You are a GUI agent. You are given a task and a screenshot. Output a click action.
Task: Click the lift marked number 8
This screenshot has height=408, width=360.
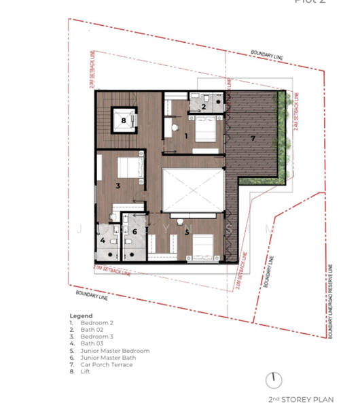pyautogui.click(x=123, y=120)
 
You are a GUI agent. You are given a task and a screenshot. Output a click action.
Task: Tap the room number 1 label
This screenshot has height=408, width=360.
pyautogui.click(x=186, y=136)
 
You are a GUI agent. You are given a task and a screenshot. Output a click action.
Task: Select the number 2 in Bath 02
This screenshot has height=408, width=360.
pyautogui.click(x=203, y=106)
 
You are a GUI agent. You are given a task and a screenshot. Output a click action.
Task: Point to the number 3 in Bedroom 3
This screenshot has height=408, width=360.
pyautogui.click(x=118, y=185)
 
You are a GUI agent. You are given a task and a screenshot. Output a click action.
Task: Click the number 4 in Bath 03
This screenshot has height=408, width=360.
pyautogui.click(x=103, y=240)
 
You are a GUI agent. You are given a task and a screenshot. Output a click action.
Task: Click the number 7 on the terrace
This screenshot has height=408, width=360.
pyautogui.click(x=253, y=138)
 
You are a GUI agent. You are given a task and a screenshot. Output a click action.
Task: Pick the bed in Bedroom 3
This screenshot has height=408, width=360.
pyautogui.click(x=128, y=168)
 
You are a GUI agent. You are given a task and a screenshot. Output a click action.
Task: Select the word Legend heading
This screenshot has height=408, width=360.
pyautogui.click(x=81, y=316)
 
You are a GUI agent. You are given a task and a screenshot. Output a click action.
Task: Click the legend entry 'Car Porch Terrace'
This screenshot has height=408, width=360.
pyautogui.click(x=107, y=364)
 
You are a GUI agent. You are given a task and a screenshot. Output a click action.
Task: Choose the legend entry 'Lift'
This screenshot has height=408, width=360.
pyautogui.click(x=86, y=371)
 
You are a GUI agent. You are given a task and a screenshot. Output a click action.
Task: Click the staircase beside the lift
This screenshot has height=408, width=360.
pyautogui.click(x=103, y=120)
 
